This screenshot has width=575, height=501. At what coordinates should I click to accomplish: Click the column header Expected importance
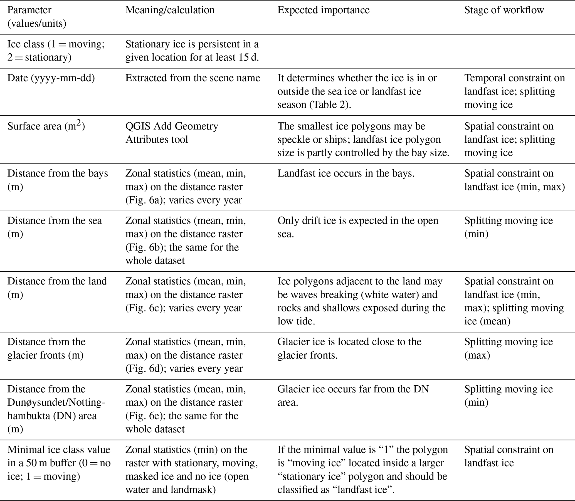[x=323, y=10]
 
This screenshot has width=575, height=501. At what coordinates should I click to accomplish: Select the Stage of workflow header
[x=504, y=10]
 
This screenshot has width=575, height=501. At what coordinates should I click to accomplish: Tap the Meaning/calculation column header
[x=170, y=10]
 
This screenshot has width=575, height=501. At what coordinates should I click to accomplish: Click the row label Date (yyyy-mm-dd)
[x=51, y=78]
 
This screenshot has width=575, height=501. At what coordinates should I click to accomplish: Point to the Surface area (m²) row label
[x=46, y=126]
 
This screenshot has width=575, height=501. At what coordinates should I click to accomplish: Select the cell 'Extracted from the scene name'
[x=193, y=78]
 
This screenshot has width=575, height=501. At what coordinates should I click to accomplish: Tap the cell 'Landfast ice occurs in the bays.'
[x=346, y=173]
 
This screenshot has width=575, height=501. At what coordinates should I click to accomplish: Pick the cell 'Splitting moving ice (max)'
[x=508, y=348]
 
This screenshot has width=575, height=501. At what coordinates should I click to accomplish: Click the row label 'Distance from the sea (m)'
[x=55, y=227]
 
